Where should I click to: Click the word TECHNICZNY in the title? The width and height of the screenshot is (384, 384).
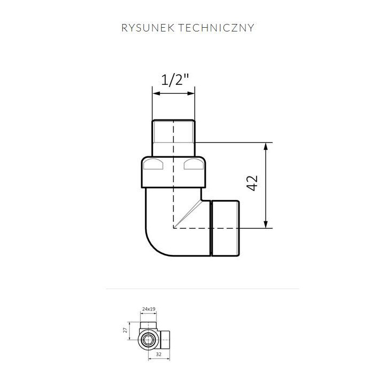(220, 28)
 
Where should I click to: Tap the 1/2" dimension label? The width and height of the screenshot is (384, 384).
(175, 81)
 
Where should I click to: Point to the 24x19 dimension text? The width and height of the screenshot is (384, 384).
(149, 309)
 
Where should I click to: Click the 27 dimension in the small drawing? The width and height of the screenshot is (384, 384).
(126, 330)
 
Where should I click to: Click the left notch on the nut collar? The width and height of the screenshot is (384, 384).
(154, 165)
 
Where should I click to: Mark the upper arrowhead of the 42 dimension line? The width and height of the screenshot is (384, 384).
(266, 146)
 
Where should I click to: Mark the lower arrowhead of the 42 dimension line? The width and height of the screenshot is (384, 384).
(266, 224)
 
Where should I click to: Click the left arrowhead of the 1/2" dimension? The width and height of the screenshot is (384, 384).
(155, 94)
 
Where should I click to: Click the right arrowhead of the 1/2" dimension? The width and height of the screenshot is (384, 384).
(191, 94)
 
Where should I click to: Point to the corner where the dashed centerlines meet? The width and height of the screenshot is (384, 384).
(173, 228)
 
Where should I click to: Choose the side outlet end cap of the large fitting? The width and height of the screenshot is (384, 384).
(226, 228)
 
